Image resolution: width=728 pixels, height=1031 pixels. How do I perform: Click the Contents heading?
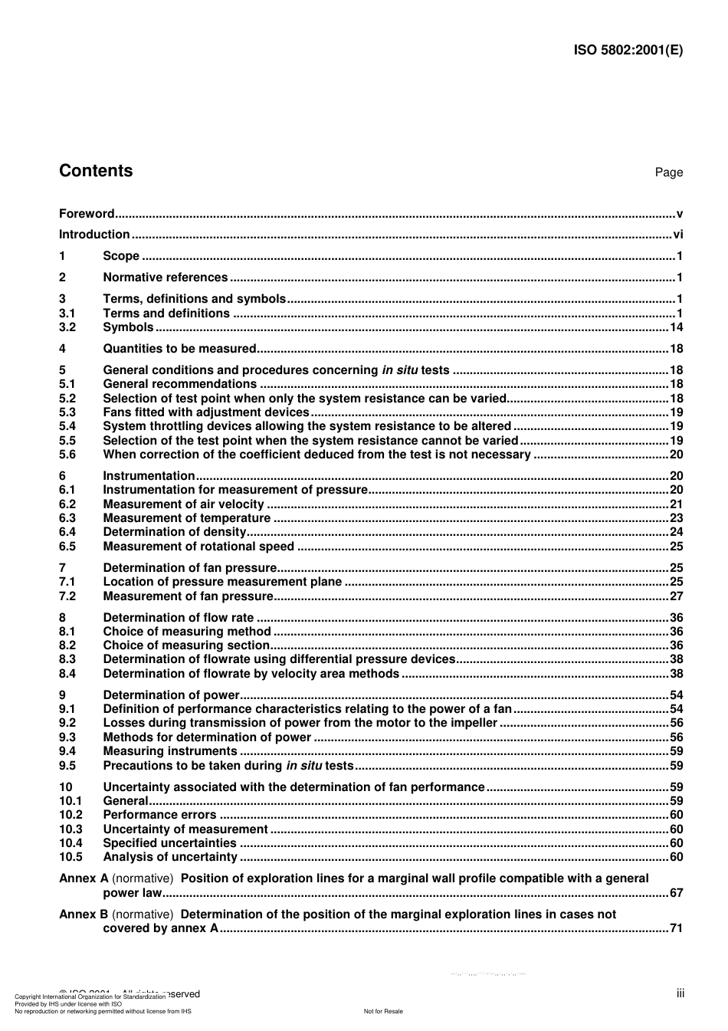coord(96,171)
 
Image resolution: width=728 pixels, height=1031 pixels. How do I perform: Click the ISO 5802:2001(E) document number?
coord(628,51)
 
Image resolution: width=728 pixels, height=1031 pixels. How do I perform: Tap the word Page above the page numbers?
coord(668,172)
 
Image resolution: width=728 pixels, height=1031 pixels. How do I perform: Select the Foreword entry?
coord(87,214)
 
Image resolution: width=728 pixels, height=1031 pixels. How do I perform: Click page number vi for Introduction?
coord(677,235)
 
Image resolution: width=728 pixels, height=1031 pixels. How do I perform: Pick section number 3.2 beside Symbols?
coord(67,327)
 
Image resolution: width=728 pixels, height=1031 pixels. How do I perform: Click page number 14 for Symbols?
coord(676,327)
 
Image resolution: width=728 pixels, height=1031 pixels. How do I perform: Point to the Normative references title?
coord(165,277)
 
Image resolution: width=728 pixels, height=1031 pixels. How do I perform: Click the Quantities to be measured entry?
coord(179,349)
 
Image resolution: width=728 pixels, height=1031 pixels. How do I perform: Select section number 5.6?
coord(67,455)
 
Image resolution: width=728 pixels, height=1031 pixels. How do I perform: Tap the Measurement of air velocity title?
coord(183,504)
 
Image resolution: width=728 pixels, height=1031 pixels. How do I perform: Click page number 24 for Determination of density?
coord(676,532)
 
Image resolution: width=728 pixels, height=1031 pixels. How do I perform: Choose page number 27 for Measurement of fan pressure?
coord(676,596)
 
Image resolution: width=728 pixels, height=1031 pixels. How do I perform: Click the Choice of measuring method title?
coord(187,632)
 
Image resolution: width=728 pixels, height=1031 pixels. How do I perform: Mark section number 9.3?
coord(67,737)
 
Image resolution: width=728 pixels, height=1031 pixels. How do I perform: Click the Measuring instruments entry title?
coord(170,751)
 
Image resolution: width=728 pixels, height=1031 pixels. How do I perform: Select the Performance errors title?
coord(159,815)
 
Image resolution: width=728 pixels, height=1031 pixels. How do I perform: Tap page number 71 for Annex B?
coord(676,928)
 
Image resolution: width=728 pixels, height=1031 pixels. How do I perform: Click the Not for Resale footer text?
coord(383,1011)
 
